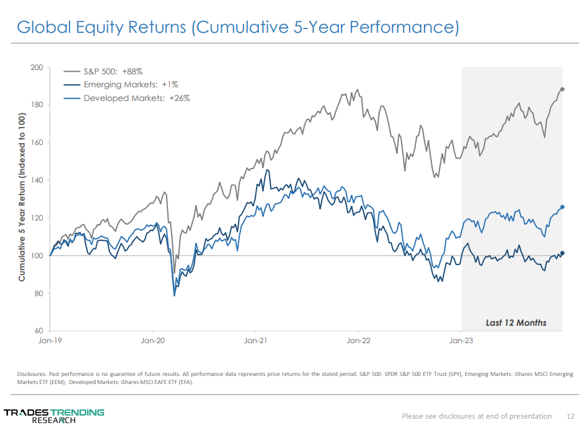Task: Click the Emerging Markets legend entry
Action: pos(130,85)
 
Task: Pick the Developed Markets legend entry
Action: pos(136,98)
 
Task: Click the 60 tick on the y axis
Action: pos(38,331)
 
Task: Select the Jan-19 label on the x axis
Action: pos(50,340)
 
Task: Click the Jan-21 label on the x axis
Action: pos(255,340)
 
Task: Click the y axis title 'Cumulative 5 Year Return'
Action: pos(22,198)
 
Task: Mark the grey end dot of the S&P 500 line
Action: pos(562,89)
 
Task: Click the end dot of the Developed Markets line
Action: pos(562,207)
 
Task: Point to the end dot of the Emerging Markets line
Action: pos(562,253)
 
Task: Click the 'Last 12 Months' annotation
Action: pos(516,322)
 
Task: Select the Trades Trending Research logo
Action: pos(54,416)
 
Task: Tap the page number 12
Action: pos(570,416)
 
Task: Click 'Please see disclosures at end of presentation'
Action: pos(477,416)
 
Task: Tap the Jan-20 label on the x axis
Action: pos(152,340)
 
